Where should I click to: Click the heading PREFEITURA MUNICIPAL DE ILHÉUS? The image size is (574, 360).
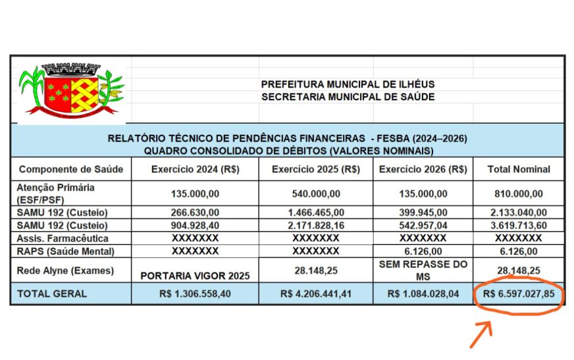coord(348,84)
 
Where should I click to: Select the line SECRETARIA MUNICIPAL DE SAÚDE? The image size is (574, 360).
coord(348,97)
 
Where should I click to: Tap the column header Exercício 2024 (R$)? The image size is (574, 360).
coord(195,169)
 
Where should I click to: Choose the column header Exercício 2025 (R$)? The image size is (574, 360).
coord(316,169)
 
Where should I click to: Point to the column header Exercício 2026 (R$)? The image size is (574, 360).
coord(423,169)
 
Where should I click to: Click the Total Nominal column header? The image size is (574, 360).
coord(519,169)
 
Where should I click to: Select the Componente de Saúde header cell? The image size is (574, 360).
coord(71,169)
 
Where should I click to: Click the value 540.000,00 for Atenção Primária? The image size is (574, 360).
coord(316,193)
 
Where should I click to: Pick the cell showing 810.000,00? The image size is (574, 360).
coord(519,193)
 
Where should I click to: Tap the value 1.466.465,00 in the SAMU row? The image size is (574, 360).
coord(316,213)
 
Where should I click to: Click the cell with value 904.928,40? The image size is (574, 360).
coord(195,225)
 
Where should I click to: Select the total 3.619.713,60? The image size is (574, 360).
coord(519,225)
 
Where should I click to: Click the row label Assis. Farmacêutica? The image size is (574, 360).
coord(63,238)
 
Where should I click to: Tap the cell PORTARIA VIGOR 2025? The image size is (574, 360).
coord(195,276)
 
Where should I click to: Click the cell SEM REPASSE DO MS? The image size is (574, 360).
coord(423,270)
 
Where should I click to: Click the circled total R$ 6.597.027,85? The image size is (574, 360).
coord(519,294)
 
